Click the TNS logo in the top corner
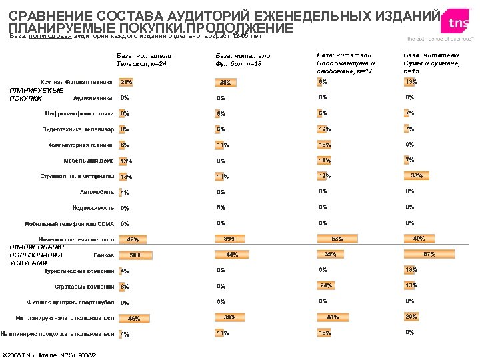tap(457, 24)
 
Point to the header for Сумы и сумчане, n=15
tap(432, 62)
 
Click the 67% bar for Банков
tap(430, 254)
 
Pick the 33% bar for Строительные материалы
tap(417, 175)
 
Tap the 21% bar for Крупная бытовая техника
tap(126, 83)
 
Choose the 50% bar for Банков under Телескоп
tap(135, 255)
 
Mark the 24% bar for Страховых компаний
tap(326, 285)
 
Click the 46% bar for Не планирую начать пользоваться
tap(134, 318)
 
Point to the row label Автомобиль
tap(97, 192)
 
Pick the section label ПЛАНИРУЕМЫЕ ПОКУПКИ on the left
tap(36, 94)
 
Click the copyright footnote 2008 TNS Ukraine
tap(50, 353)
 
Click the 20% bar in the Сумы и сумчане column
tap(411, 316)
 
